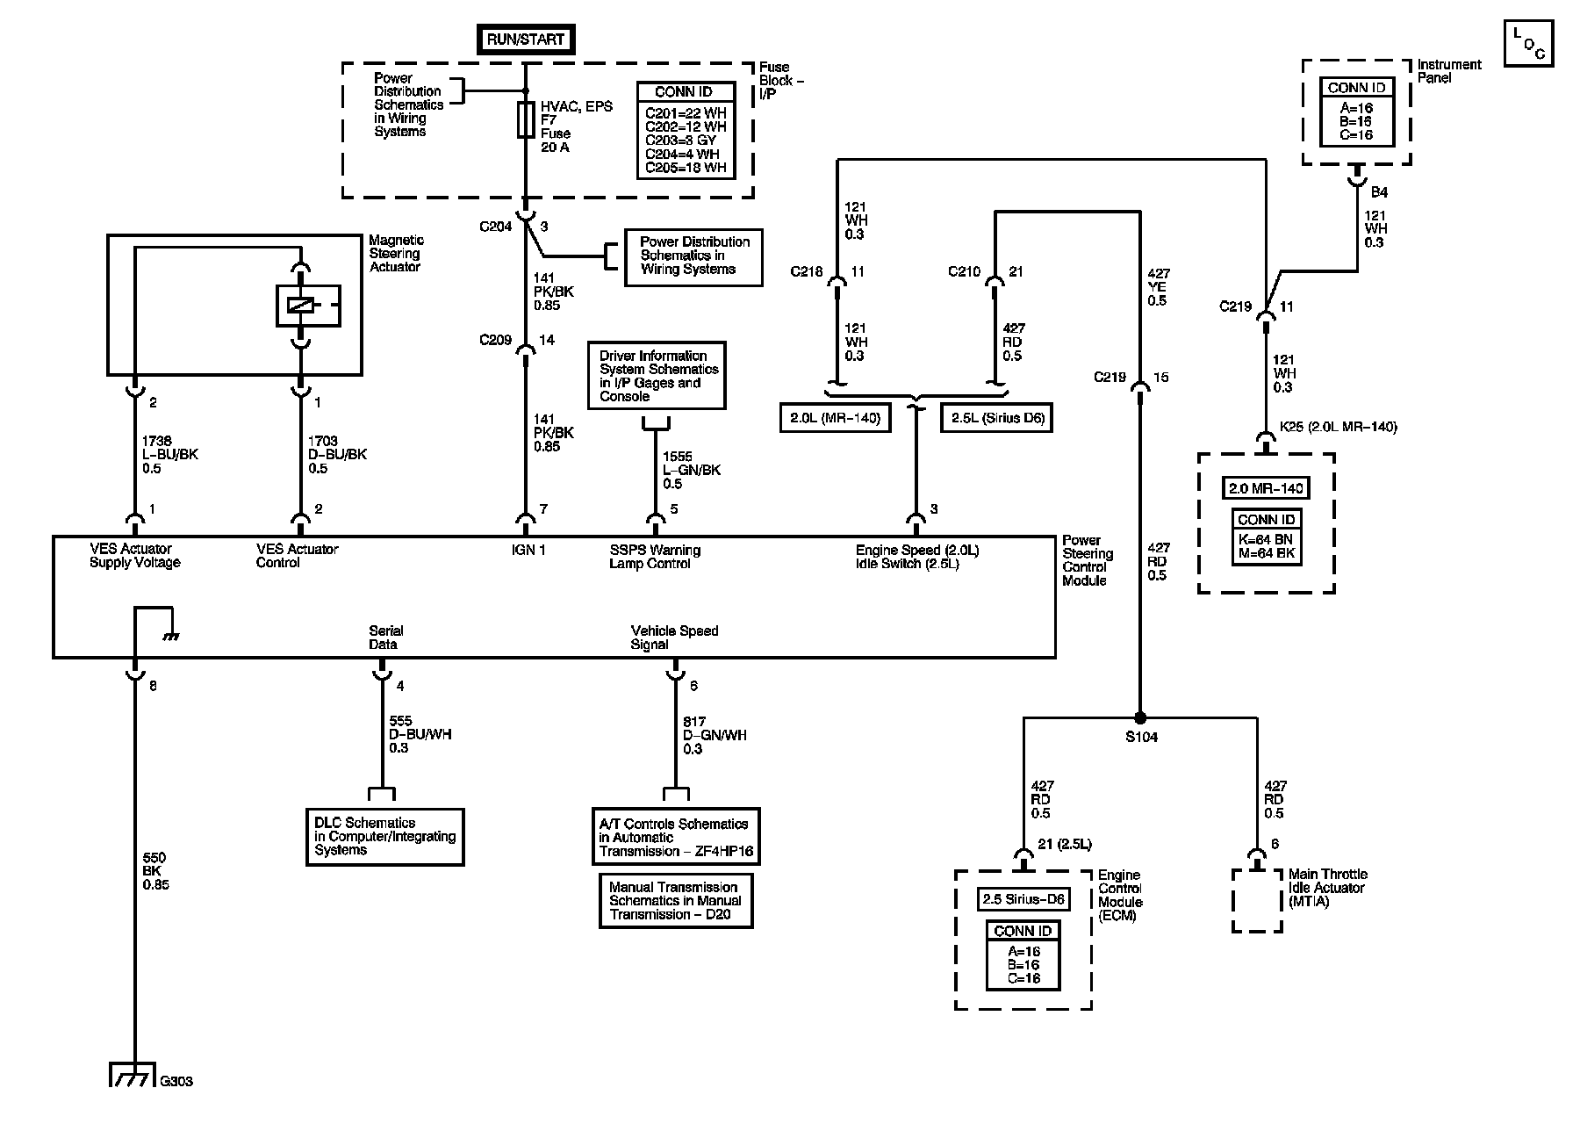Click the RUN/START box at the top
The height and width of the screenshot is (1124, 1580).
pyautogui.click(x=525, y=39)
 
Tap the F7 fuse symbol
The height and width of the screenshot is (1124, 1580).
pyautogui.click(x=525, y=119)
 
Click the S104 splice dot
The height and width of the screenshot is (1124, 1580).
pyautogui.click(x=1139, y=717)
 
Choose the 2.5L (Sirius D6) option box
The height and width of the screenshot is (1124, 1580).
pyautogui.click(x=995, y=418)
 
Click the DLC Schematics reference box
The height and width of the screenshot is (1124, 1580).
pyautogui.click(x=384, y=837)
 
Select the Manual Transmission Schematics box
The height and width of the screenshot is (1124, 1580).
pyautogui.click(x=675, y=900)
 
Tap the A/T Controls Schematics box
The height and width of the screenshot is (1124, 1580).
pyautogui.click(x=676, y=837)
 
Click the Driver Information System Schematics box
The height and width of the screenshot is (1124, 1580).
pyautogui.click(x=657, y=376)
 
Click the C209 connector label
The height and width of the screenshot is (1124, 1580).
pyautogui.click(x=496, y=340)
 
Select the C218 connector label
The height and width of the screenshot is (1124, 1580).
pyautogui.click(x=807, y=271)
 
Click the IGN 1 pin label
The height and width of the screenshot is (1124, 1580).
pyautogui.click(x=528, y=550)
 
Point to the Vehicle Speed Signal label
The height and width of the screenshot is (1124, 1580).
pyautogui.click(x=674, y=638)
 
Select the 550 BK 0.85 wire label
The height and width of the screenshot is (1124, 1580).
pyautogui.click(x=154, y=871)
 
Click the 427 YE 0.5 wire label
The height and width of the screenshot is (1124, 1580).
pyautogui.click(x=1159, y=287)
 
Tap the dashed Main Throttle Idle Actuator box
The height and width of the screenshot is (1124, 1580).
pyautogui.click(x=1255, y=900)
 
